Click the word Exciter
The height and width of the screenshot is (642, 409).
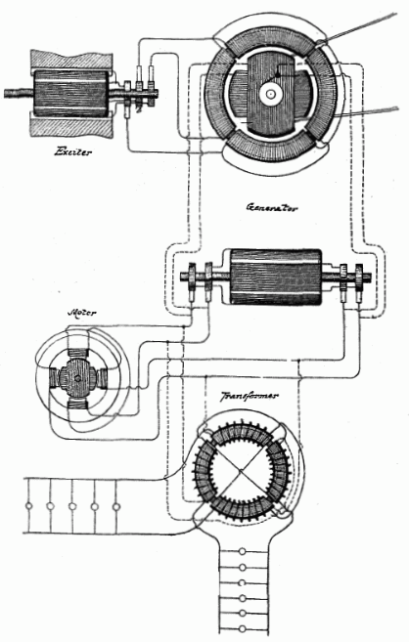[x=72, y=152]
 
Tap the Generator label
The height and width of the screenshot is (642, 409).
[x=271, y=207]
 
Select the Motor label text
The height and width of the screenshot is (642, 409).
[x=81, y=313]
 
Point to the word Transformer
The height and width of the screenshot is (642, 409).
[x=250, y=396]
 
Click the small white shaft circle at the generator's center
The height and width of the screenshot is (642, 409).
[x=270, y=94]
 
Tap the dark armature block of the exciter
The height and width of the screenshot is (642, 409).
[x=71, y=94]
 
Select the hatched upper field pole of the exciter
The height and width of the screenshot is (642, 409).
[x=71, y=61]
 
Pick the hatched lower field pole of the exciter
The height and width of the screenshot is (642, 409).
[x=70, y=126]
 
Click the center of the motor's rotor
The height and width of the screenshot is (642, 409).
[x=77, y=378]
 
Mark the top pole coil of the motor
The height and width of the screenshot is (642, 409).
[x=78, y=353]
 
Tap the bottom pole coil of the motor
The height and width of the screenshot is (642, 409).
[x=77, y=405]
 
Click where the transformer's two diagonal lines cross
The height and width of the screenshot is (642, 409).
[x=240, y=470]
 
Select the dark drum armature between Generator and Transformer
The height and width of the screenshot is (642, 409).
[x=275, y=277]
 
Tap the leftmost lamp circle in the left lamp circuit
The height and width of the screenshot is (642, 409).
[x=28, y=506]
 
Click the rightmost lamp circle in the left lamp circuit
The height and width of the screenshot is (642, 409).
[x=116, y=506]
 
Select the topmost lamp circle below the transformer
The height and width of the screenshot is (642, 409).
[x=243, y=551]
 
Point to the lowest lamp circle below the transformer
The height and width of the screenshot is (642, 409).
[x=243, y=628]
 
